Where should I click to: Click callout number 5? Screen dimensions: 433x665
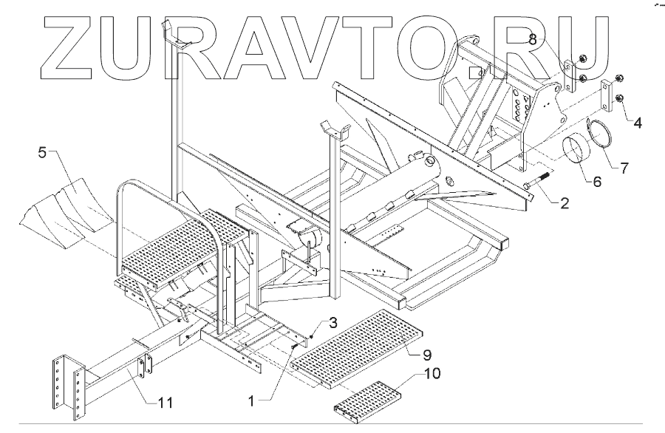point(42,154)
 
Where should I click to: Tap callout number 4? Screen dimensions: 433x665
point(636,121)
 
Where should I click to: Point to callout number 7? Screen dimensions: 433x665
point(625,168)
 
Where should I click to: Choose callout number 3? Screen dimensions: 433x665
point(332,324)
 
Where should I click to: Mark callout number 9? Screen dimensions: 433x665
point(426,354)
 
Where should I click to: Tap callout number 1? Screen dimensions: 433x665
point(252,401)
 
